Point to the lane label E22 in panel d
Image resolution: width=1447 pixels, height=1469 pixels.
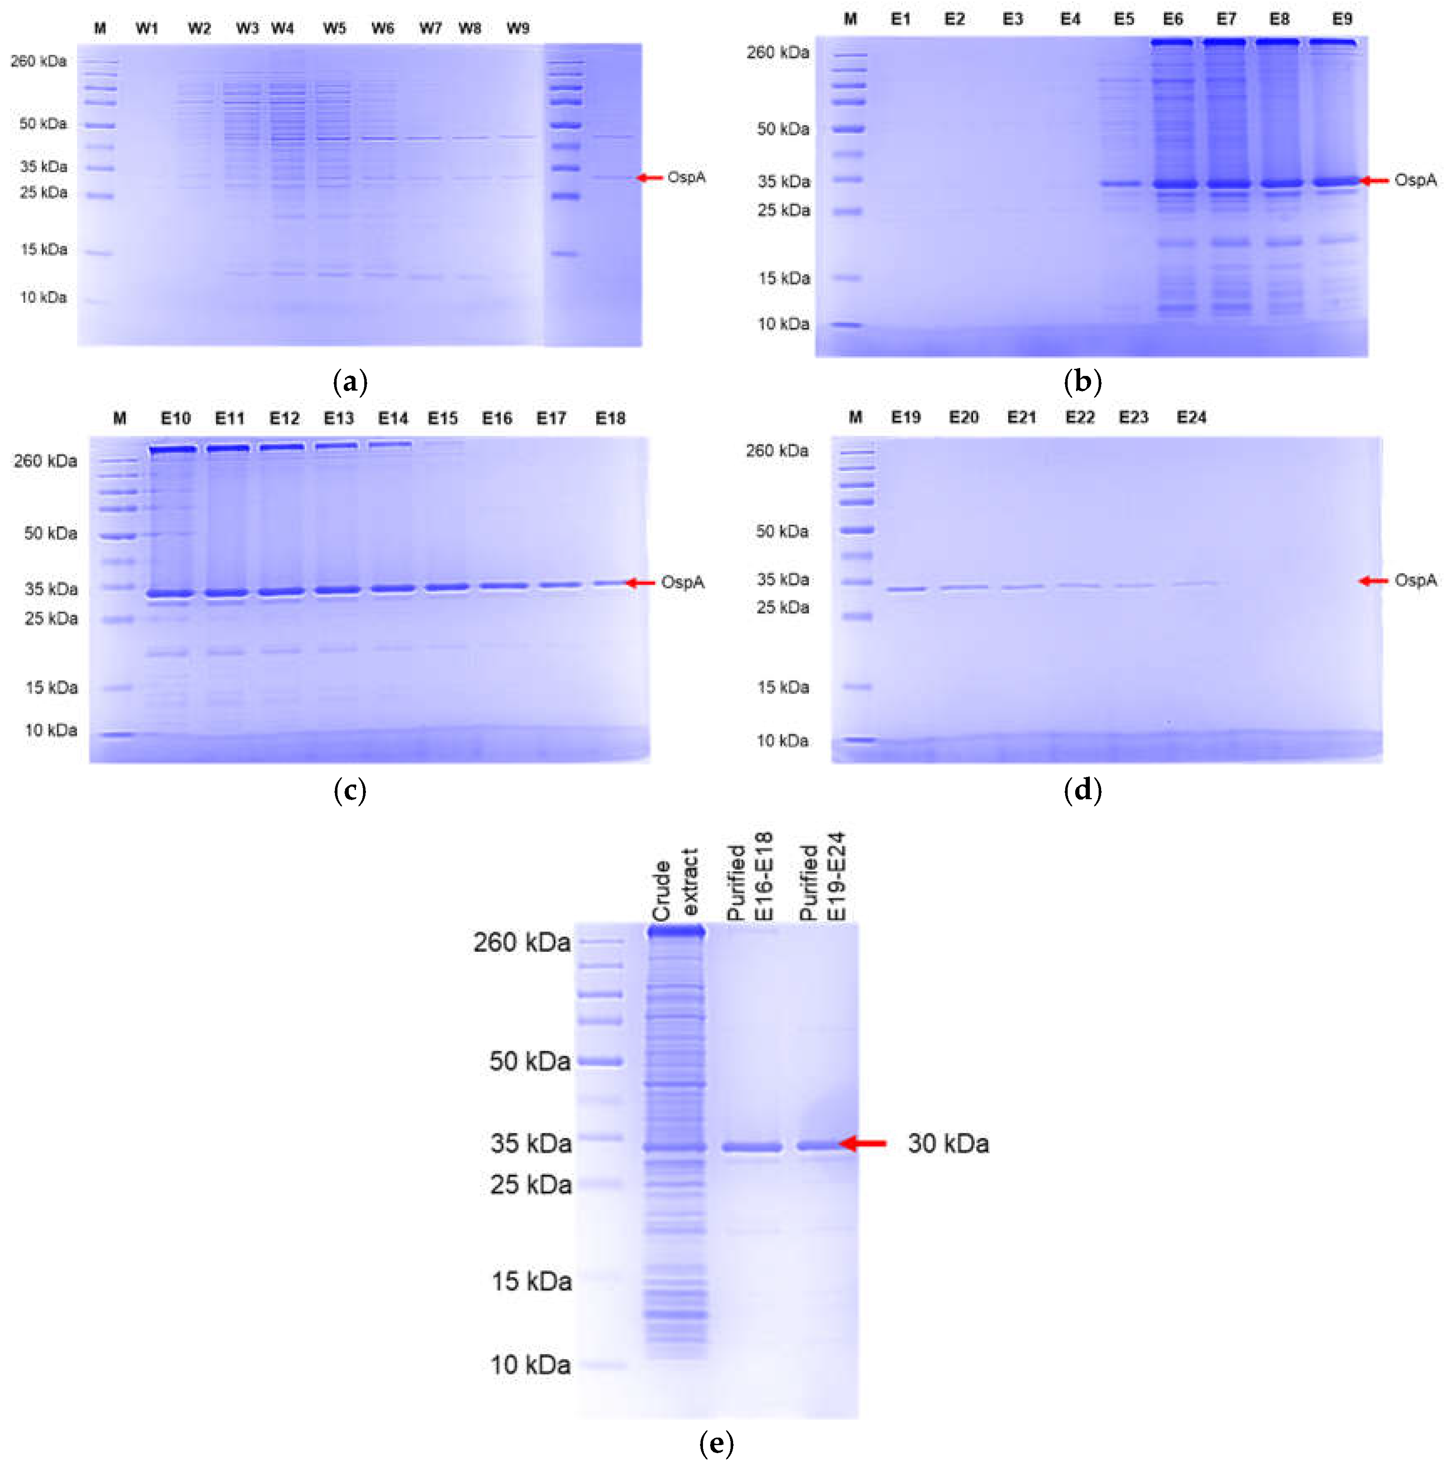pyautogui.click(x=1079, y=417)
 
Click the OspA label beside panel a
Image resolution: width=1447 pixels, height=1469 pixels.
pyautogui.click(x=686, y=177)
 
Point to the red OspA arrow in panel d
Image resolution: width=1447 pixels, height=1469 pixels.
pyautogui.click(x=1373, y=581)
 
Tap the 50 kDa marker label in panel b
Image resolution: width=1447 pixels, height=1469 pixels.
pyautogui.click(x=783, y=129)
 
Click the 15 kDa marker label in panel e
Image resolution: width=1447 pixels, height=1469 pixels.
pyautogui.click(x=531, y=1281)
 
